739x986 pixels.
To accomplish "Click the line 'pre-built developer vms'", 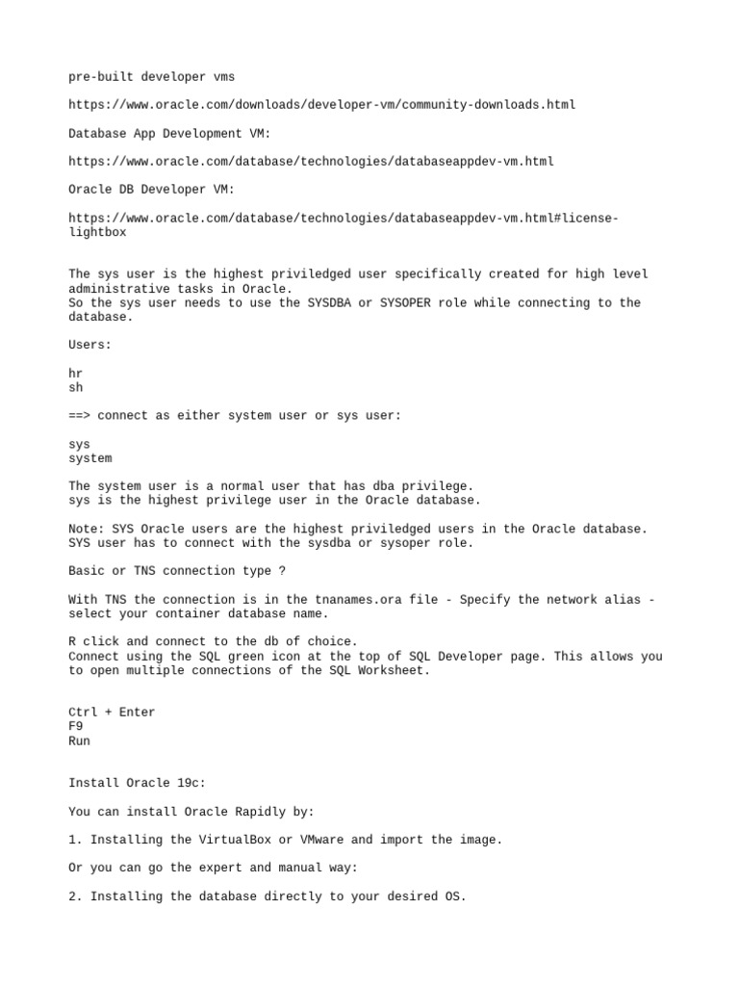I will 151,76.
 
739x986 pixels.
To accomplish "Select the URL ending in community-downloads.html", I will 322,104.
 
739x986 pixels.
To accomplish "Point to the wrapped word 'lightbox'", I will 97,232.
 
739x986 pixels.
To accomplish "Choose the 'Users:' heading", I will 90,345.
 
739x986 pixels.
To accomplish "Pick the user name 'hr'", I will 76,373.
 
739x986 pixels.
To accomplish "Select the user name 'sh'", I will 76,387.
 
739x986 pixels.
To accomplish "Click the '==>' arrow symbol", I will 79,415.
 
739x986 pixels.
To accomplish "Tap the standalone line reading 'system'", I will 90,458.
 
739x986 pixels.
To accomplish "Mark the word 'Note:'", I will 87,529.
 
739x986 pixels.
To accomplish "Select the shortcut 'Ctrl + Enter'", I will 112,713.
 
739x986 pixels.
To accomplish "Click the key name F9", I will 76,727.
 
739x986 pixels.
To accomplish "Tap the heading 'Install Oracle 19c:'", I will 137,783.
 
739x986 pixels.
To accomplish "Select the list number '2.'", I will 76,896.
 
